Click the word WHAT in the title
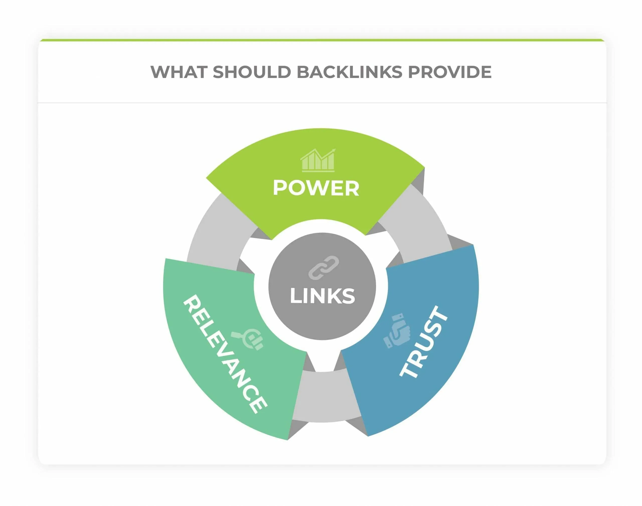coord(179,72)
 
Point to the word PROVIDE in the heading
coord(450,72)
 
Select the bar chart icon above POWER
coord(317,160)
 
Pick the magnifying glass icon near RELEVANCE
coord(248,339)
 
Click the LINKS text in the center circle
coord(322,296)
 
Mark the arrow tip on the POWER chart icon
coord(334,150)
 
